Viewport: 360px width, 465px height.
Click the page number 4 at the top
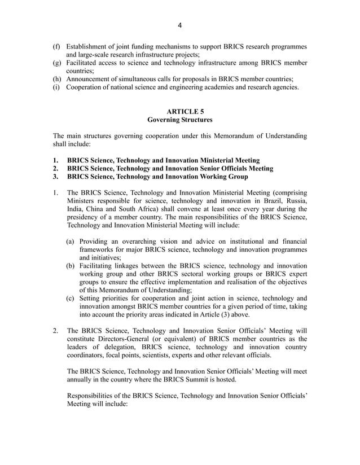coord(180,25)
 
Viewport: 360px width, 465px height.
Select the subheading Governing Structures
coord(179,120)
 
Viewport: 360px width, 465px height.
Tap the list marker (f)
coord(57,46)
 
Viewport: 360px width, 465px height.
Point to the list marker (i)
coord(57,87)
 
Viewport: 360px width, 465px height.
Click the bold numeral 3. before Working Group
coord(56,177)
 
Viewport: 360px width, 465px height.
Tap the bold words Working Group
coord(223,177)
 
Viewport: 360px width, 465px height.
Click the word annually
coord(82,380)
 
